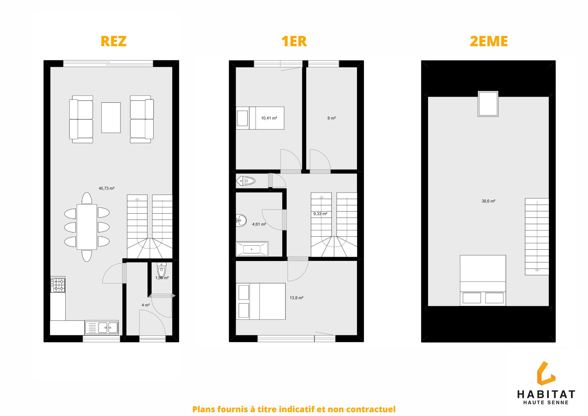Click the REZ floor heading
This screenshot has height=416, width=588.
point(113,41)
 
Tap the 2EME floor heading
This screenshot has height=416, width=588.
point(489,41)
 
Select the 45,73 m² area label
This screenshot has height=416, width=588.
point(106,188)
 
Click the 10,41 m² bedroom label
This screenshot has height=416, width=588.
point(269,118)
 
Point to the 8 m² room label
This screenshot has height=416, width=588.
point(332,118)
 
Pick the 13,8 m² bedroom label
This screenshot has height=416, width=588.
point(296,298)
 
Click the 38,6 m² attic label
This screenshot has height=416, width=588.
point(488,201)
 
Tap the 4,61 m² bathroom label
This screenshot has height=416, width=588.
point(259,224)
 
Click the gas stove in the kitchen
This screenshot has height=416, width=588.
point(58,285)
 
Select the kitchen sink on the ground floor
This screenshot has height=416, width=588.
point(101,327)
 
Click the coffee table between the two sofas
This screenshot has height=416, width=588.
point(111,118)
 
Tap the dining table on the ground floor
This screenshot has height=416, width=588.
point(87,227)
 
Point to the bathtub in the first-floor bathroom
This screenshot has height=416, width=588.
point(252,249)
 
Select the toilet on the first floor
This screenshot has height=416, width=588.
point(245,181)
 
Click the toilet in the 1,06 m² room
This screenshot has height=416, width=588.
point(161,270)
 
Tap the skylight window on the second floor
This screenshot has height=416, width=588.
point(488,104)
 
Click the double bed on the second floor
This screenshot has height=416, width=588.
point(483,280)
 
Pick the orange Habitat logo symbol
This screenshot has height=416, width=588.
point(546,373)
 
